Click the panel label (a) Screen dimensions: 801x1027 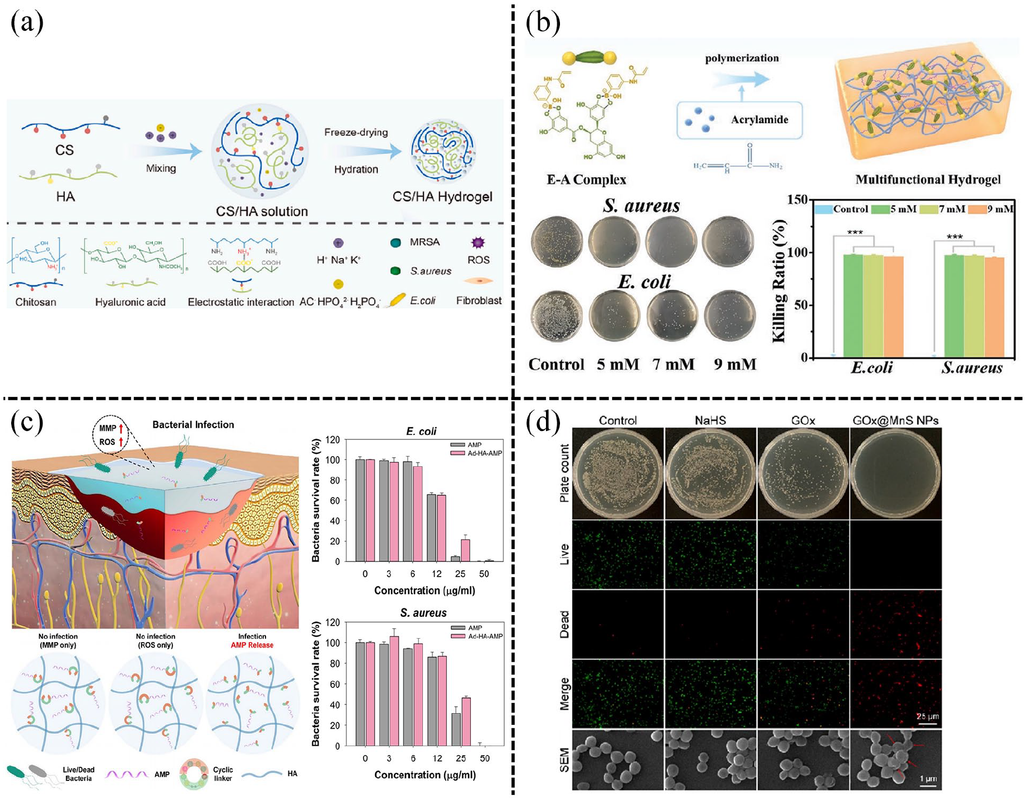tap(27, 23)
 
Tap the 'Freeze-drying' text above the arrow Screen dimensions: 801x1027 tap(356, 132)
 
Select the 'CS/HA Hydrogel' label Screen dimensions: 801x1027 tap(442, 196)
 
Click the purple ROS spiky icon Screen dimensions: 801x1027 tap(478, 242)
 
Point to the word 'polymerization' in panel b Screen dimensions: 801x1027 tap(741, 58)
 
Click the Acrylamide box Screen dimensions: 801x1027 tap(739, 120)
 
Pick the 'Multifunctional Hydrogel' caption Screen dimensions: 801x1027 tap(927, 180)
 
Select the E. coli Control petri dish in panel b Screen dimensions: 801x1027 tap(557, 316)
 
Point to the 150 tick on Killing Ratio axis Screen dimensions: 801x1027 tap(797, 200)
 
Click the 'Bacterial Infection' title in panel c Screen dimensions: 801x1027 tap(193, 424)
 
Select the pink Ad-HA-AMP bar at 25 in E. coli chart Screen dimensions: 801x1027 tap(465, 550)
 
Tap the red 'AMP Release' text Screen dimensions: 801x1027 tap(252, 645)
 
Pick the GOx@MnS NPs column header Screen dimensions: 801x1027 tap(895, 420)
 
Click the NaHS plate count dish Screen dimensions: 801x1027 tap(710, 474)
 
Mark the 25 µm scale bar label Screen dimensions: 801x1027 tap(927, 716)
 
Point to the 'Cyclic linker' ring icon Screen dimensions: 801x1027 tap(194, 774)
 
